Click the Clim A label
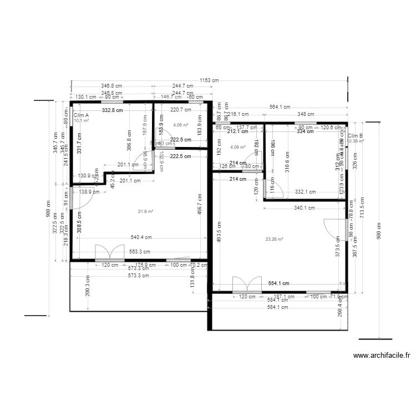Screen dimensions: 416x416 point(81,115)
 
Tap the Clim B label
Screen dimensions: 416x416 point(356,135)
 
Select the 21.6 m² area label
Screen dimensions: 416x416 point(145,211)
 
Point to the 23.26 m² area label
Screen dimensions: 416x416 point(274,239)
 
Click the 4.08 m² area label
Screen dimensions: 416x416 point(181,125)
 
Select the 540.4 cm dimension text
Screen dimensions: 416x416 point(141,237)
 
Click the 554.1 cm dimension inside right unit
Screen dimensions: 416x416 point(280,283)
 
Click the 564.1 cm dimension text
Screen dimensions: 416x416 point(280,107)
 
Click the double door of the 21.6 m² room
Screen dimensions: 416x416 point(109,252)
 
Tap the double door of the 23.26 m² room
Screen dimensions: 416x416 point(247,283)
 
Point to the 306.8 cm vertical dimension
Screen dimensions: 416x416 point(129,140)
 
